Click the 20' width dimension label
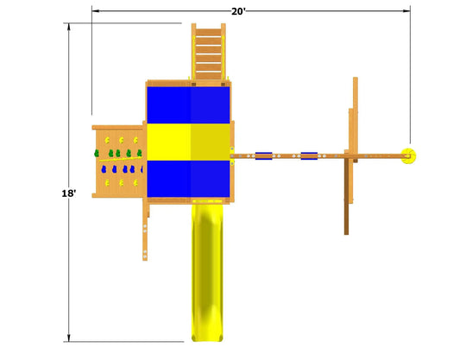tap(239, 11)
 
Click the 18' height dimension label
tap(69, 193)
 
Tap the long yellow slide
tap(207, 273)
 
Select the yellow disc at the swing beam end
tap(409, 155)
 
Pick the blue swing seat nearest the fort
tap(263, 155)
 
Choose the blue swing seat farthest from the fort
tap(309, 155)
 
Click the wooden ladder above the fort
tap(208, 52)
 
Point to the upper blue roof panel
tap(188, 105)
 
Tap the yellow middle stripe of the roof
tap(188, 142)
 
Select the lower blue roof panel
tap(188, 179)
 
